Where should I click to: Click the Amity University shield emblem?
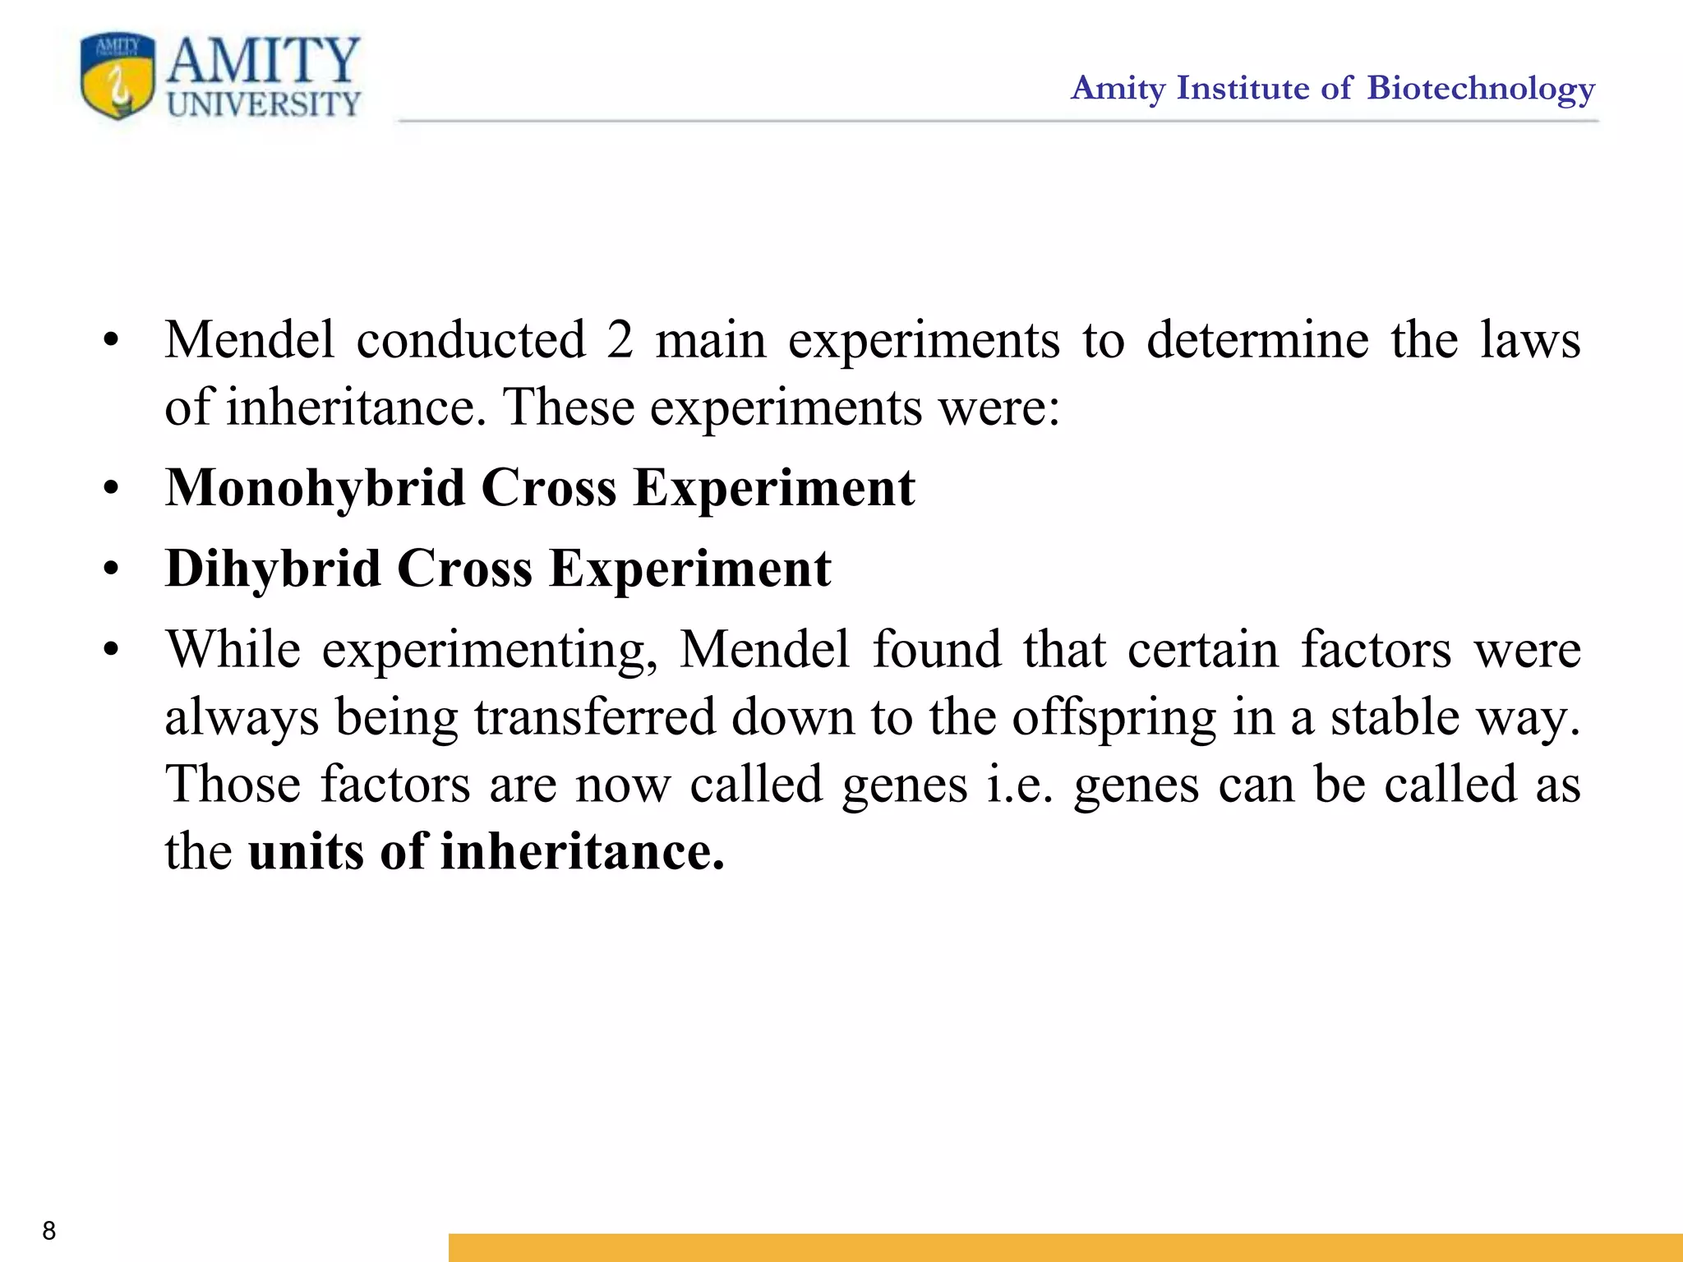[118, 76]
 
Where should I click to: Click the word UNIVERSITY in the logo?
[264, 104]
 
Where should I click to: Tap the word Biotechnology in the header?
[1481, 89]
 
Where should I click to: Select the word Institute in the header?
[1243, 88]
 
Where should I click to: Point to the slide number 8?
[49, 1230]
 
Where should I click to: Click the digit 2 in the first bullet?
[620, 339]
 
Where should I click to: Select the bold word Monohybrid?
[316, 487]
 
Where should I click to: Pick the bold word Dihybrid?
[273, 568]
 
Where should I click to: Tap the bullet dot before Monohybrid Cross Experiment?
[111, 489]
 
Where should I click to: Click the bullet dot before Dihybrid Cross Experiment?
[111, 569]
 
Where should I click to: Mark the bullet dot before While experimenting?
[111, 650]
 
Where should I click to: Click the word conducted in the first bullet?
[471, 339]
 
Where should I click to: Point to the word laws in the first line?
[1529, 339]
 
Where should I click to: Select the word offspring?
[1114, 718]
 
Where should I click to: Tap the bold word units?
[306, 851]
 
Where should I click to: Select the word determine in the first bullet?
[1257, 339]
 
